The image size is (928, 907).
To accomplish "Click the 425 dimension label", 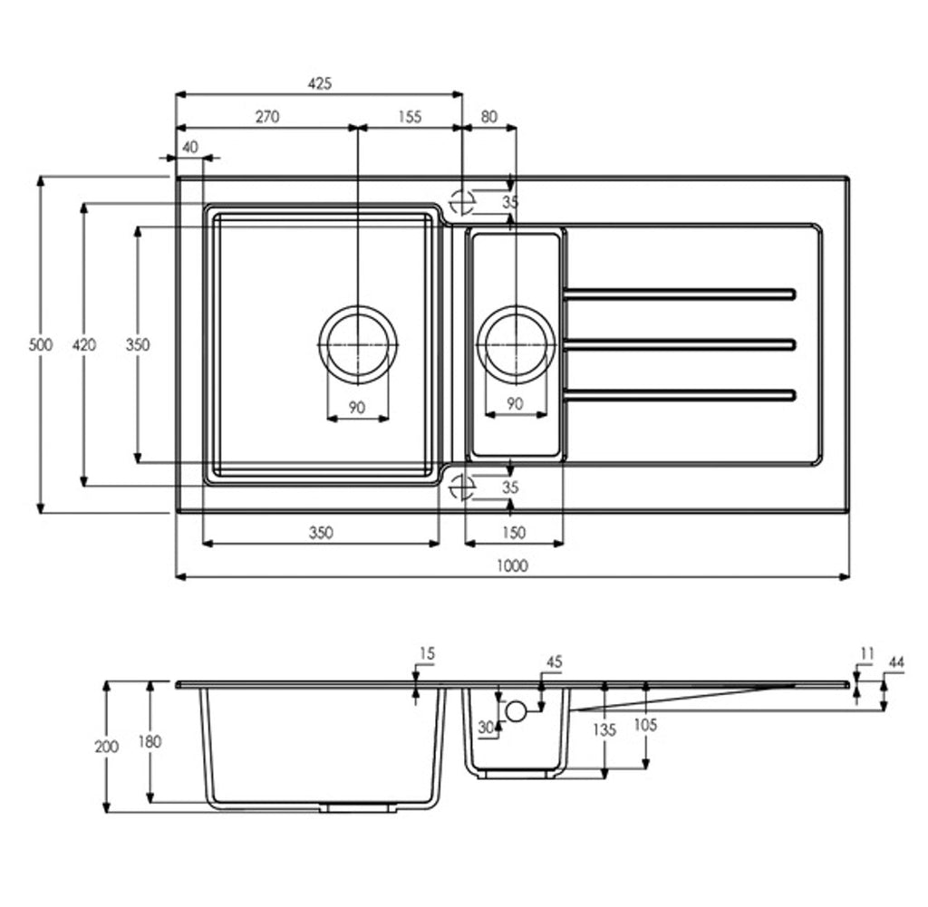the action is [320, 83].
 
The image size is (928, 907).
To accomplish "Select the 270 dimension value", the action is [267, 117].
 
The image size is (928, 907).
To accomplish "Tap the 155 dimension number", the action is [410, 117].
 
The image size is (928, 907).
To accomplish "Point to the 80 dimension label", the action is [489, 117].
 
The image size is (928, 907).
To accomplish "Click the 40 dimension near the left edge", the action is [190, 147].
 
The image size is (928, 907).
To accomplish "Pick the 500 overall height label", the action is [40, 344].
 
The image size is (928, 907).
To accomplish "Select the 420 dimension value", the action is [84, 344].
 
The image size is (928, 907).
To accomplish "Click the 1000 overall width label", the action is [512, 565].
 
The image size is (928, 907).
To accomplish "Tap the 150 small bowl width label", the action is [513, 533].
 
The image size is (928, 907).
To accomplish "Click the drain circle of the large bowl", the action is [358, 307].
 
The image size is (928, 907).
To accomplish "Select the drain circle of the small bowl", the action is [516, 307].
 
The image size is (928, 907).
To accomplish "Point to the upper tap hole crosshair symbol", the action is [461, 202].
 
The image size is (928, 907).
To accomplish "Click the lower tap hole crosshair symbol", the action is [461, 487].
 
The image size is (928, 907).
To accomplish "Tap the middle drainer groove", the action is [680, 344].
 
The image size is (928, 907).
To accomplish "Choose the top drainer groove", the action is [680, 294].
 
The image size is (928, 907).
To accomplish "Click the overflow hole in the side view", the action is [516, 712].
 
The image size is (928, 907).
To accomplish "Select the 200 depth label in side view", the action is [107, 747].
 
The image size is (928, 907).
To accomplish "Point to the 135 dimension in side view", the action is [604, 729].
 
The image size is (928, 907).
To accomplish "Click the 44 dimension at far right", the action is [896, 662].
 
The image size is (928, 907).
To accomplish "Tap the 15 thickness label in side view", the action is [427, 653].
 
